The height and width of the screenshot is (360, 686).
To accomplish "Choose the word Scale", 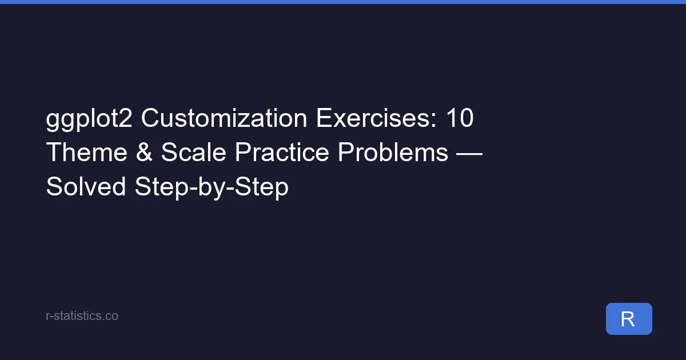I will tap(192, 153).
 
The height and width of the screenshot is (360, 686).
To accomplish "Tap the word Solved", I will tap(86, 186).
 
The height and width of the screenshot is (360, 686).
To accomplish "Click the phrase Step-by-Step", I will tap(212, 187).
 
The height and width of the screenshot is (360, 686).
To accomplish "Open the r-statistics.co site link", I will tap(82, 315).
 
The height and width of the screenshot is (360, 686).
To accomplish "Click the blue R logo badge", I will tap(629, 319).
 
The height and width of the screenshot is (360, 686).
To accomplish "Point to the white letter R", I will tap(628, 319).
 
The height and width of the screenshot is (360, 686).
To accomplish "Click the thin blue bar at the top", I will tap(343, 2).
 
